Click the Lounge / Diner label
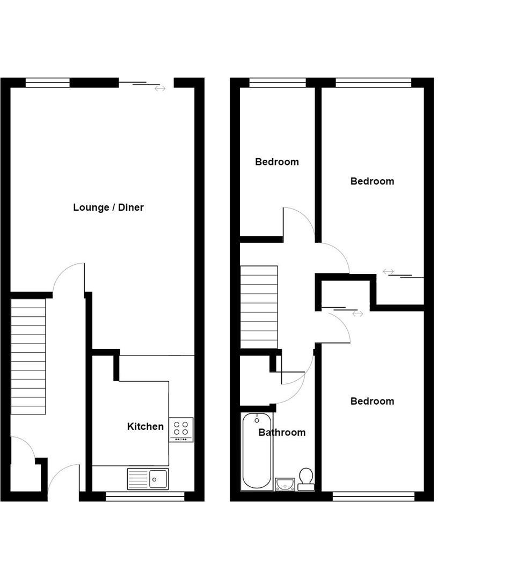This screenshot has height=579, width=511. click(108, 207)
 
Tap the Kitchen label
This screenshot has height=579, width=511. click(145, 427)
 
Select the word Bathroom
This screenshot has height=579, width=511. click(282, 433)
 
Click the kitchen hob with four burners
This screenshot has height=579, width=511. click(181, 429)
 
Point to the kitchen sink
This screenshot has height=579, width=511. click(148, 479)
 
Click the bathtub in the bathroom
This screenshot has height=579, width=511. click(257, 451)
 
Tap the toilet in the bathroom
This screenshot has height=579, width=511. click(306, 479)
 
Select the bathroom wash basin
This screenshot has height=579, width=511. click(284, 484)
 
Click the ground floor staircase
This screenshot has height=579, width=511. click(28, 357)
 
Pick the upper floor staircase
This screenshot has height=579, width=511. click(259, 307)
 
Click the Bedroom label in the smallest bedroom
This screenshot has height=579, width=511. click(277, 162)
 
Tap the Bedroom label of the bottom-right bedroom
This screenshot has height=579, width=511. click(372, 401)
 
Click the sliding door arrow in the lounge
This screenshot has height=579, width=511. click(160, 88)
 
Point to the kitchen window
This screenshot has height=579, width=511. click(145, 496)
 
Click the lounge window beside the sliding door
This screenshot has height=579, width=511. click(47, 83)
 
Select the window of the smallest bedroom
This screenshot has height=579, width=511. click(278, 83)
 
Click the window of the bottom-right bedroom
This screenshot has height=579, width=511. click(374, 496)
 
